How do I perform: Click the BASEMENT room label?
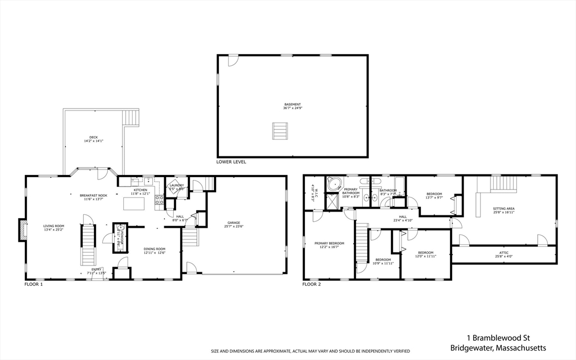tap(292, 104)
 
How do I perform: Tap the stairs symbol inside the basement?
tap(280, 131)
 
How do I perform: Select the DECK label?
tap(93, 137)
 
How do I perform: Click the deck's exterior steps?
tap(130, 118)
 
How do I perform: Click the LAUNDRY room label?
tap(177, 185)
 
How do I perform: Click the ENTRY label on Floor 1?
tap(97, 269)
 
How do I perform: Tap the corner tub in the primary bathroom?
tap(335, 184)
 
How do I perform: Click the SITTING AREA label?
tap(503, 209)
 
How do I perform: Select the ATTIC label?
tap(504, 253)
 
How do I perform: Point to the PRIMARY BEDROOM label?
tap(329, 243)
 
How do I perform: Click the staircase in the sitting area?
tap(503, 183)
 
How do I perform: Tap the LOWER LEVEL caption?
tap(231, 161)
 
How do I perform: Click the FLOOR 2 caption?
tap(312, 285)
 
